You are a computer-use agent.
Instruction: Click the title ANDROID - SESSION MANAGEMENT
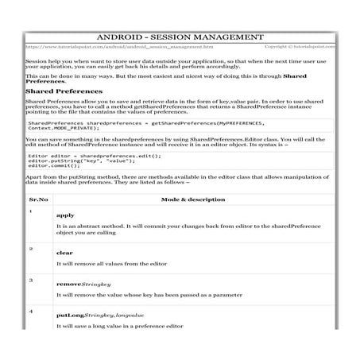click(180, 37)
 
